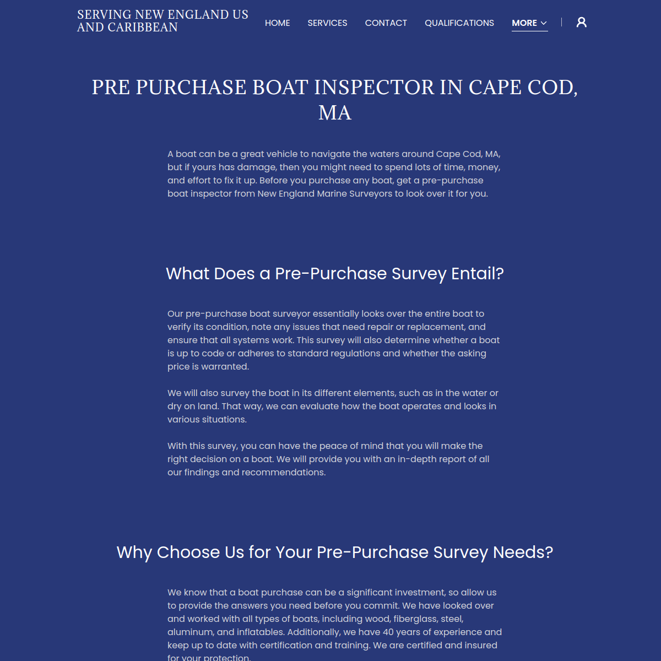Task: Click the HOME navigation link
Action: (x=277, y=23)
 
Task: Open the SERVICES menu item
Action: (x=327, y=23)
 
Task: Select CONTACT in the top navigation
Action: (x=386, y=23)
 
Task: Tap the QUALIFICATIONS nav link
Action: (x=459, y=23)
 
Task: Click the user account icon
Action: (x=581, y=22)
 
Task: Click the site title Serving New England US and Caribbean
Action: (x=162, y=21)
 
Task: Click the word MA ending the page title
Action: (x=335, y=113)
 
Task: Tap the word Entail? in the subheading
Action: (x=477, y=274)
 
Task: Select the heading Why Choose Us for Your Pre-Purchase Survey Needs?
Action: (x=335, y=552)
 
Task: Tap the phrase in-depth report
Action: (x=431, y=459)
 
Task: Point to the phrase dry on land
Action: (x=192, y=407)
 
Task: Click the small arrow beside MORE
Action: (x=544, y=23)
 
